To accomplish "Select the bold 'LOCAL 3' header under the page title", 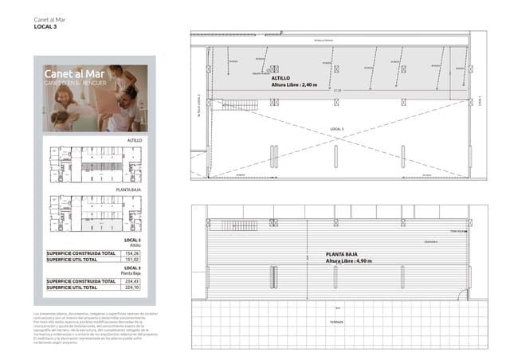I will point(45,27).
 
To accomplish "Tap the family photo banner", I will point(94,97).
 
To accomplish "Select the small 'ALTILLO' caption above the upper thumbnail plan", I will point(134,140).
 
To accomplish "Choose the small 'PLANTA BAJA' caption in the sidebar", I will point(129,190).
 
